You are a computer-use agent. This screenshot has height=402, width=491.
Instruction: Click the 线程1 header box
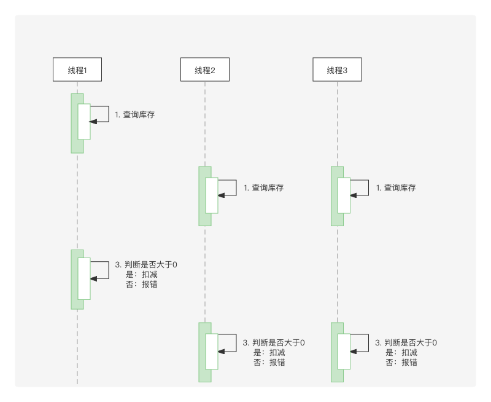pyautogui.click(x=77, y=70)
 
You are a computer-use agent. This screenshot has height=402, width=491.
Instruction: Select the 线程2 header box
pyautogui.click(x=205, y=70)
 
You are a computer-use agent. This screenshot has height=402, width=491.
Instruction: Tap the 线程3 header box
pyautogui.click(x=337, y=70)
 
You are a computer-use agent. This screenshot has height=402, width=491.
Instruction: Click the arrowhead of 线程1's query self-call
pyautogui.click(x=93, y=122)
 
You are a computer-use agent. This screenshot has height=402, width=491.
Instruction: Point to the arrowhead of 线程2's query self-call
pyautogui.click(x=221, y=195)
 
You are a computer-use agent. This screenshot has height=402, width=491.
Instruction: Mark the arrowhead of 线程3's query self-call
pyautogui.click(x=354, y=195)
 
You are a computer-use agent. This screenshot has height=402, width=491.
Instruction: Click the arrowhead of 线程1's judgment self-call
pyautogui.click(x=93, y=278)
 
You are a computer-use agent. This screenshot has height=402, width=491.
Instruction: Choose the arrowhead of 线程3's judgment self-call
pyautogui.click(x=354, y=351)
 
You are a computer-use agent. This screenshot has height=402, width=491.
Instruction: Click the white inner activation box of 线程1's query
pyautogui.click(x=83, y=122)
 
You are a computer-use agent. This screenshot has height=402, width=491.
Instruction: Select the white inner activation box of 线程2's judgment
pyautogui.click(x=212, y=352)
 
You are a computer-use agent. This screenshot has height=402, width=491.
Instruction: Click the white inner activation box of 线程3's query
pyautogui.click(x=344, y=195)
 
